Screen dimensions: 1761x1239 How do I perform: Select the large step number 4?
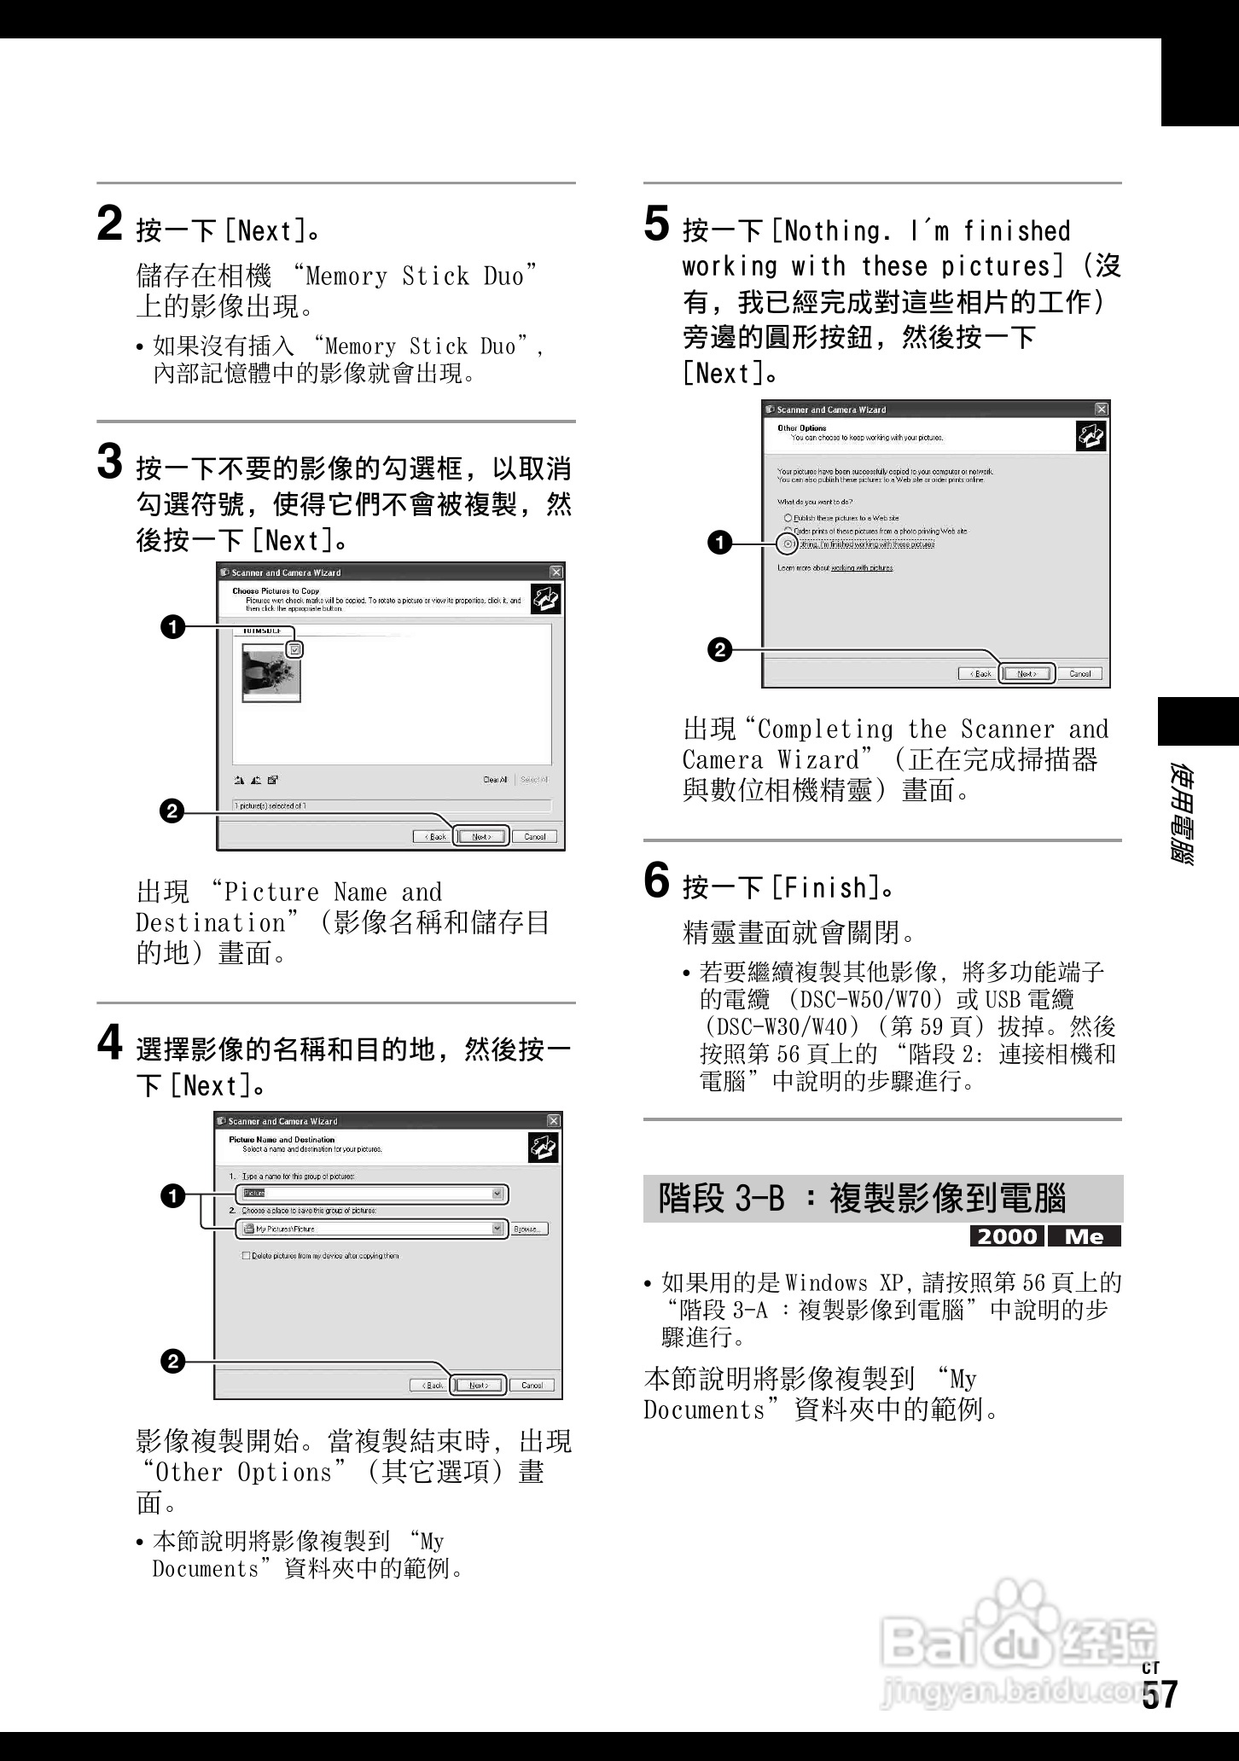click(111, 1043)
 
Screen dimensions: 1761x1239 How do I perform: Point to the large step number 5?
click(656, 224)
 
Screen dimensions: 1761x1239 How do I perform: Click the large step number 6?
click(656, 880)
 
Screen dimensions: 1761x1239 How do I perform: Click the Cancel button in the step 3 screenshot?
click(535, 836)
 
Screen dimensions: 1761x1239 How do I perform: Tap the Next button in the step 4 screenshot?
click(479, 1385)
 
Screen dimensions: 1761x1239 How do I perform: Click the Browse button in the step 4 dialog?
click(529, 1229)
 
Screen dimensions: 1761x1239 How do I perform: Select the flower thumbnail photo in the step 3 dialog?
click(271, 672)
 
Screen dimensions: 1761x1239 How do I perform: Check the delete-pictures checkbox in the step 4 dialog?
click(247, 1256)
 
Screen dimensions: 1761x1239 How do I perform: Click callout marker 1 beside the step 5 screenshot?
click(721, 543)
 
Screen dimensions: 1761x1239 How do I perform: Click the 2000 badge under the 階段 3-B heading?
click(1008, 1236)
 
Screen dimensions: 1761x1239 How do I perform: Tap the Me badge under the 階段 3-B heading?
click(1085, 1236)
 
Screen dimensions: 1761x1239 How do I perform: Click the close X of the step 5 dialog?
click(1102, 410)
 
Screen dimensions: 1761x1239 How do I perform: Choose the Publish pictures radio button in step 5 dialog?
click(788, 518)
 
